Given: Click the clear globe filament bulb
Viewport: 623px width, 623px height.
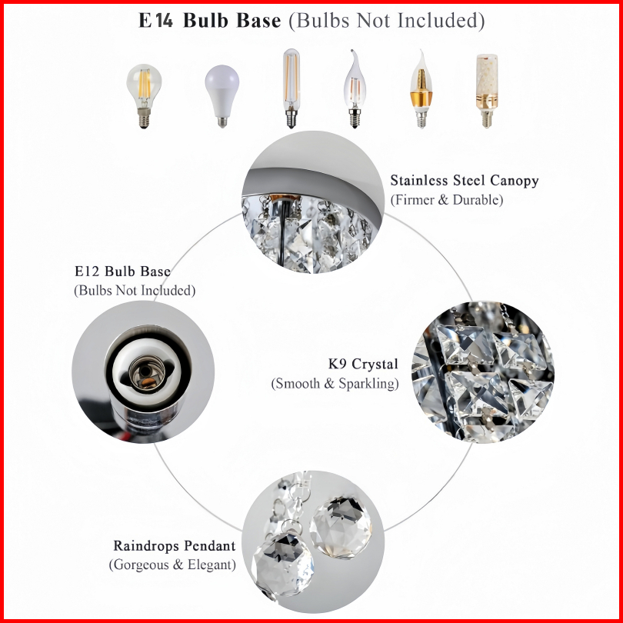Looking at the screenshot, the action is point(144,96).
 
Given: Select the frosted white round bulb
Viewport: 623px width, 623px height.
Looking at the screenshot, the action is point(222,96).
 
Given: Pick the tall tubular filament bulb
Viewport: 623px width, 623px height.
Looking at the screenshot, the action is point(292,88).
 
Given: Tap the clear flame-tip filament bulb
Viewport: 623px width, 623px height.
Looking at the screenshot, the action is point(355,88).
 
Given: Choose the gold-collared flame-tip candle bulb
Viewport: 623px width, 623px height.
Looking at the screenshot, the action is point(421,88).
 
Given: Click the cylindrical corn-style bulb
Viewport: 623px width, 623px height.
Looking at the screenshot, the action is point(487,91).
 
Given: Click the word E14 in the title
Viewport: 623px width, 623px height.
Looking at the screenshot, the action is point(155,20).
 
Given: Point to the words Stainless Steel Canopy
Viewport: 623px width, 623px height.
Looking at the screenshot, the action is point(465,181).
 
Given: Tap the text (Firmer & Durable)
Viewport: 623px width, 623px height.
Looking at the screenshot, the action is point(447,199).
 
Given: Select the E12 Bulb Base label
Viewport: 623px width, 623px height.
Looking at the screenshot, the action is point(123,272).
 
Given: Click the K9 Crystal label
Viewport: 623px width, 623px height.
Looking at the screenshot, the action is point(363,364).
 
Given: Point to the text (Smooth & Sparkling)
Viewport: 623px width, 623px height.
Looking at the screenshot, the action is point(335,384).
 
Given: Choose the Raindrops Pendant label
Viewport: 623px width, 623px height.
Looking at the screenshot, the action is point(175,546).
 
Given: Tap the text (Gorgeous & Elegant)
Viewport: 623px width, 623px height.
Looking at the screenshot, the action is point(172,565).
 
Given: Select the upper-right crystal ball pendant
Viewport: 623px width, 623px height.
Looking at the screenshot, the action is point(341,526).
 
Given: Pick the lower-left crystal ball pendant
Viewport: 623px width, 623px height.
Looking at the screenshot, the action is point(283,565).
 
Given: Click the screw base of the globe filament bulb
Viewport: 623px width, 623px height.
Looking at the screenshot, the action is point(144,118).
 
